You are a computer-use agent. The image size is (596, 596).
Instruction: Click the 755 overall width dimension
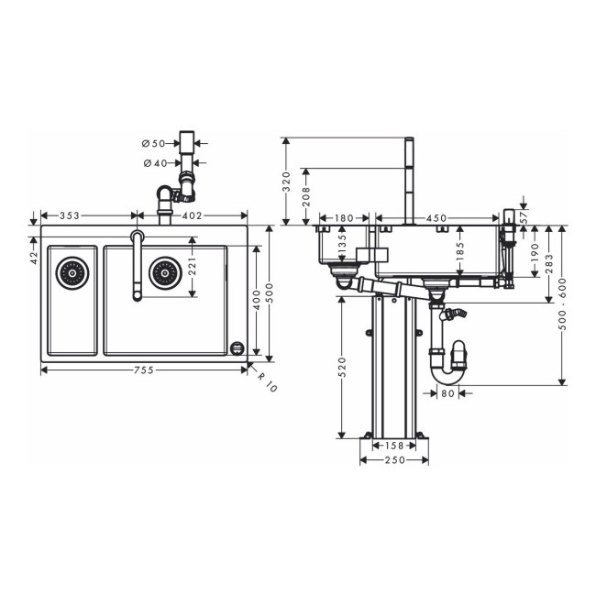[142, 370]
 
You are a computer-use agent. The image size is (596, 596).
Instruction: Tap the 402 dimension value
[192, 216]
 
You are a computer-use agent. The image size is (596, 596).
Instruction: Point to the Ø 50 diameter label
[153, 144]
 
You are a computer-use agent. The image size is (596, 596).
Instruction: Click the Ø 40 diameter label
[153, 163]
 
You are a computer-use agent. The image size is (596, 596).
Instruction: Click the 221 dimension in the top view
[193, 267]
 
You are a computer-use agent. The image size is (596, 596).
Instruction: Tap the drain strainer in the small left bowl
[71, 271]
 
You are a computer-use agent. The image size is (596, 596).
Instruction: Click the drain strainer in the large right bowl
[163, 271]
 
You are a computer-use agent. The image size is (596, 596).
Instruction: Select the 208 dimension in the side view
[304, 194]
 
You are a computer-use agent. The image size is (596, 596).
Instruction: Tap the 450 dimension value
[436, 218]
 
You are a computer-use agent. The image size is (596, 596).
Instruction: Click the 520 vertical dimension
[342, 368]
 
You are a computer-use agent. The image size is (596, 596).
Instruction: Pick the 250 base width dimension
[394, 459]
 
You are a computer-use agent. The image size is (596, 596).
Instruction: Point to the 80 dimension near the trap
[448, 394]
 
